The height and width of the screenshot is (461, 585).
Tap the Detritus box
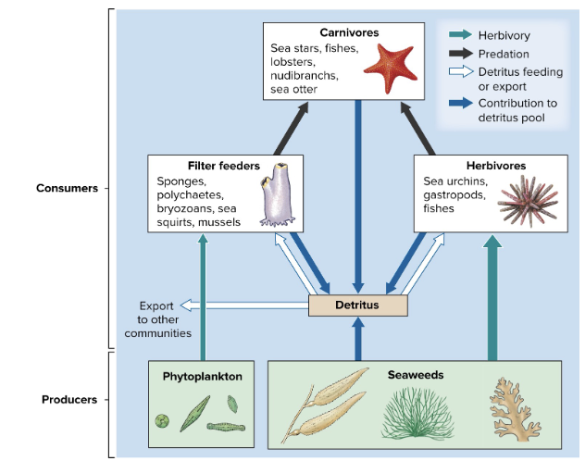coord(357,305)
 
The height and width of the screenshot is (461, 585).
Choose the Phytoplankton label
coord(203,377)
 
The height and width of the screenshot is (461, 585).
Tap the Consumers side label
coord(67,188)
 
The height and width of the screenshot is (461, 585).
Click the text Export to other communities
coord(157,318)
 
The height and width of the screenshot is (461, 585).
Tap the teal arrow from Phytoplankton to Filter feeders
coord(203,296)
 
